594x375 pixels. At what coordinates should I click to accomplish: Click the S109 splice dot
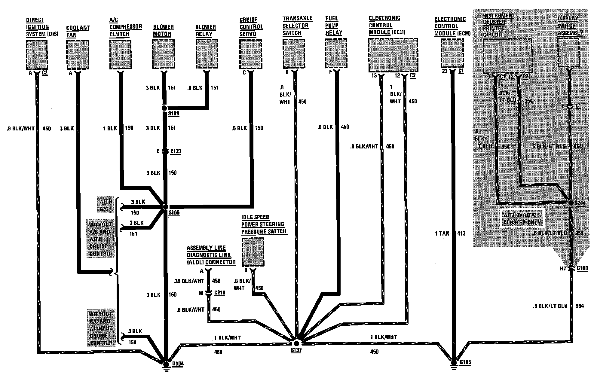coord(164,108)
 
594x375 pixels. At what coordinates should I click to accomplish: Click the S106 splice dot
coord(165,207)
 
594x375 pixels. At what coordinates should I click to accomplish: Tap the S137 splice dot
coord(296,343)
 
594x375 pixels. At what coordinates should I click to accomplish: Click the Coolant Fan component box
coord(78,55)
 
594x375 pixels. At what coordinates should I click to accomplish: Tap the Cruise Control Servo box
coord(250,55)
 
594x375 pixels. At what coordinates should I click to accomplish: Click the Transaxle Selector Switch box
coord(294,54)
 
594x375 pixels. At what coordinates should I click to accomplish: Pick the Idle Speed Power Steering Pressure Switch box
coord(253,252)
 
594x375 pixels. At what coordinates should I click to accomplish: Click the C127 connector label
coord(176,151)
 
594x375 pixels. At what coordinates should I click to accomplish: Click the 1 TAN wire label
coord(442,233)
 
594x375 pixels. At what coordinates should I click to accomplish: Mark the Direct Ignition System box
coord(37,55)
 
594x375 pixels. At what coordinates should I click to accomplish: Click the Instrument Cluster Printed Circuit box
coord(507,56)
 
